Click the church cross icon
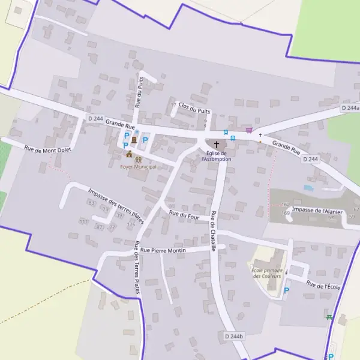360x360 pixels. pyautogui.click(x=216, y=145)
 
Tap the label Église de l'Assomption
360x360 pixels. pyautogui.click(x=216, y=156)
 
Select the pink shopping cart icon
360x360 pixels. pyautogui.click(x=249, y=130)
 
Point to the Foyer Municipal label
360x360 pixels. pyautogui.click(x=138, y=167)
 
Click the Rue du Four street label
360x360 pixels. pyautogui.click(x=184, y=214)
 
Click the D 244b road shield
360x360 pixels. pyautogui.click(x=235, y=336)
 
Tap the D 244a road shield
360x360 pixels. pyautogui.click(x=350, y=108)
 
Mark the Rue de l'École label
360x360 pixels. pyautogui.click(x=323, y=286)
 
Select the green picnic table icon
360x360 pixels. pyautogui.click(x=329, y=317)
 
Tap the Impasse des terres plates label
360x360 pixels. pyautogui.click(x=116, y=204)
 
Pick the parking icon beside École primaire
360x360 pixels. pyautogui.click(x=286, y=290)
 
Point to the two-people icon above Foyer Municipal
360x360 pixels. pyautogui.click(x=139, y=159)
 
